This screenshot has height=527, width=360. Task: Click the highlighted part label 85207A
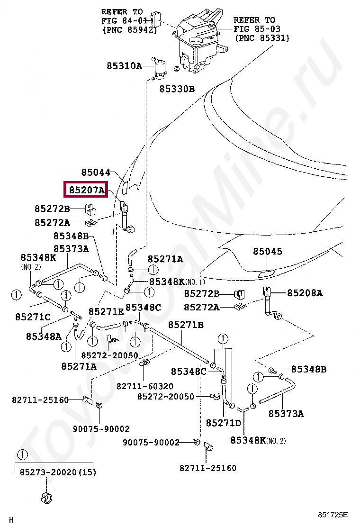tap(87, 191)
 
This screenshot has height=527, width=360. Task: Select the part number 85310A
tap(124, 66)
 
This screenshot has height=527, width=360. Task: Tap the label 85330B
tap(177, 88)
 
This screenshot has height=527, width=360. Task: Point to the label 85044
tap(95, 173)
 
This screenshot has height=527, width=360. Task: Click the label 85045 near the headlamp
tap(267, 252)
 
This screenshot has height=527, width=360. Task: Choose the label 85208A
tap(305, 293)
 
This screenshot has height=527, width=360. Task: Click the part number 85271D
tap(224, 422)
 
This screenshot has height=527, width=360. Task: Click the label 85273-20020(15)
tap(58, 472)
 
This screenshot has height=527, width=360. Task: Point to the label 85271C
tap(33, 317)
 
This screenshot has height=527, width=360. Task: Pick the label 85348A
tap(44, 336)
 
